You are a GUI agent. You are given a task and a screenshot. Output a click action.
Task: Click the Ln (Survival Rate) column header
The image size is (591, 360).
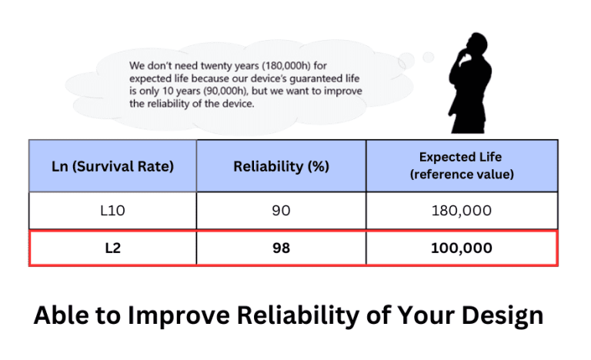112,165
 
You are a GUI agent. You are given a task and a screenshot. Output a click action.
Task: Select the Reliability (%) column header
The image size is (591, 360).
281,165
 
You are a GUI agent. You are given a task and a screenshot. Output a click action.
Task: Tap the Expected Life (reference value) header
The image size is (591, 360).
462,165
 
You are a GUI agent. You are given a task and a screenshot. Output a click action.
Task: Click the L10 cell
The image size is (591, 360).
112,210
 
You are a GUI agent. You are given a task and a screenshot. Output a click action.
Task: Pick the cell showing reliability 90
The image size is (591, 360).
281,210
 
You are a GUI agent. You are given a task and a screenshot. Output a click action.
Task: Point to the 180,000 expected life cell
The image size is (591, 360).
462,210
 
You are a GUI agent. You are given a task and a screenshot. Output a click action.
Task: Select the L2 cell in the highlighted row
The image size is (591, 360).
112,248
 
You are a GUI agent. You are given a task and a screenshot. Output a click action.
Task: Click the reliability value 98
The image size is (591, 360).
281,248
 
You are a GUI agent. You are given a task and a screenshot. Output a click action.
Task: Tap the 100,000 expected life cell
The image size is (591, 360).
462,248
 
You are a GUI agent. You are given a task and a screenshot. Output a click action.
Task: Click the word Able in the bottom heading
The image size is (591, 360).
59,315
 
